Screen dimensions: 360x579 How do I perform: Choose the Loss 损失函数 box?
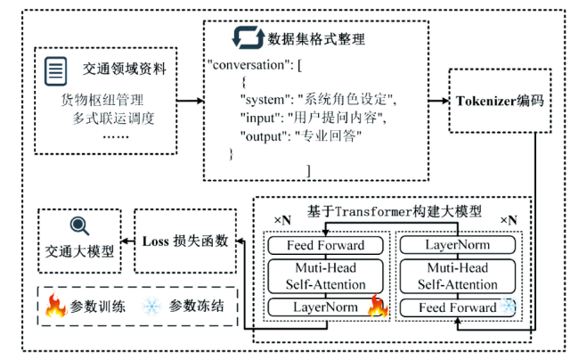185,241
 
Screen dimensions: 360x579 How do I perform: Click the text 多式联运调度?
113,117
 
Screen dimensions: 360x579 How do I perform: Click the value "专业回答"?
328,135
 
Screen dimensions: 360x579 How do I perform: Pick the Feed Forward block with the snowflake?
457,307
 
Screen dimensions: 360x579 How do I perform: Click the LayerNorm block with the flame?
326,307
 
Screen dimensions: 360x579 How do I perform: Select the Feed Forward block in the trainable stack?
326,245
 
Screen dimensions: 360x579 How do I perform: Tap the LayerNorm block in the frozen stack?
457,245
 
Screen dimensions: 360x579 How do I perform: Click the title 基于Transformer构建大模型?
393,211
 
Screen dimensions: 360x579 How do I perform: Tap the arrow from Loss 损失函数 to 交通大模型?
125,241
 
